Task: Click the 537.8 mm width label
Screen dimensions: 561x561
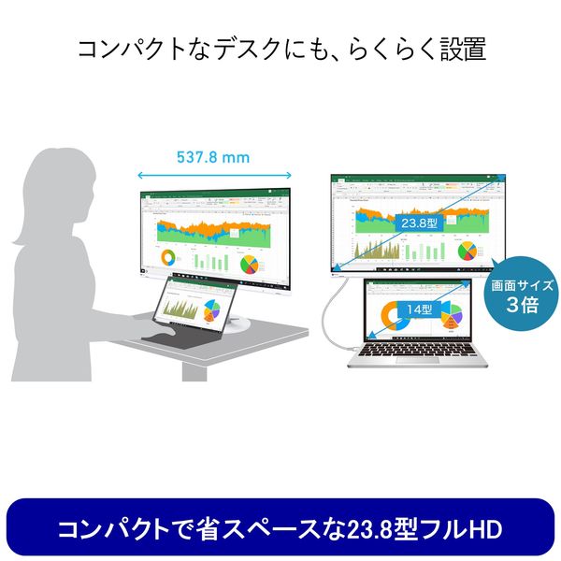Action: [x=213, y=157]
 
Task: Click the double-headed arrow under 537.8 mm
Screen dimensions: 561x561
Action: [x=213, y=174]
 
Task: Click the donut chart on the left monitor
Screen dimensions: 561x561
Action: [x=168, y=258]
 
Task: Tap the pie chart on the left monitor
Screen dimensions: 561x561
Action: [x=250, y=261]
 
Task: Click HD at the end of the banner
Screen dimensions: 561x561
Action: [x=485, y=530]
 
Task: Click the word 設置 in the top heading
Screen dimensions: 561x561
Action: [x=464, y=49]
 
